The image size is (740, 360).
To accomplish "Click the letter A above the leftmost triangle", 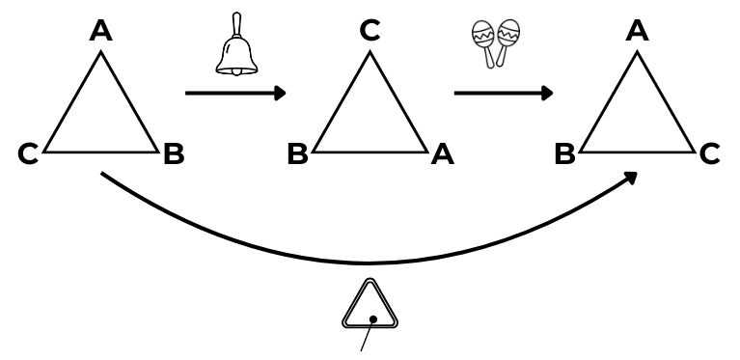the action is (x=101, y=31).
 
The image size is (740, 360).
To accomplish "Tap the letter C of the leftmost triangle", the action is (x=28, y=154).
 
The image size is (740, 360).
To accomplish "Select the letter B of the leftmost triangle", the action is (x=174, y=154).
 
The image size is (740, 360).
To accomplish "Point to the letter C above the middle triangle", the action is (x=370, y=31).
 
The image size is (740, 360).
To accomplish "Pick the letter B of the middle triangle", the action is (x=298, y=154).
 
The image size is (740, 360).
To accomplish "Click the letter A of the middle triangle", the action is (x=443, y=154).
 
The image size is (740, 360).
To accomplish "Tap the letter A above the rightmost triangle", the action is (x=637, y=31).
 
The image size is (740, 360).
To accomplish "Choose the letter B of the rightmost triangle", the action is (x=565, y=154).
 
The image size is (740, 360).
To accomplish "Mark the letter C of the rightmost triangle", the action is (x=709, y=154).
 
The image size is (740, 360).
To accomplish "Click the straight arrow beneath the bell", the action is (x=235, y=93).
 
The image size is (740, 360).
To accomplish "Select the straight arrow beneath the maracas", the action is (x=504, y=93).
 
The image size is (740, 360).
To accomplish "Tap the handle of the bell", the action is (x=236, y=24).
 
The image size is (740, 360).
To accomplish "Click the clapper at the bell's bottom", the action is (x=236, y=71).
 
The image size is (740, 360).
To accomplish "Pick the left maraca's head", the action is (x=482, y=34).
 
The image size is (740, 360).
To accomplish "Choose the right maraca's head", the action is (x=508, y=32).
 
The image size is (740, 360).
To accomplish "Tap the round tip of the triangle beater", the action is (x=372, y=319).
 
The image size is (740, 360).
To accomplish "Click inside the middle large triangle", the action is (x=370, y=118).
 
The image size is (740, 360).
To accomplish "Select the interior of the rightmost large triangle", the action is (x=637, y=118).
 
